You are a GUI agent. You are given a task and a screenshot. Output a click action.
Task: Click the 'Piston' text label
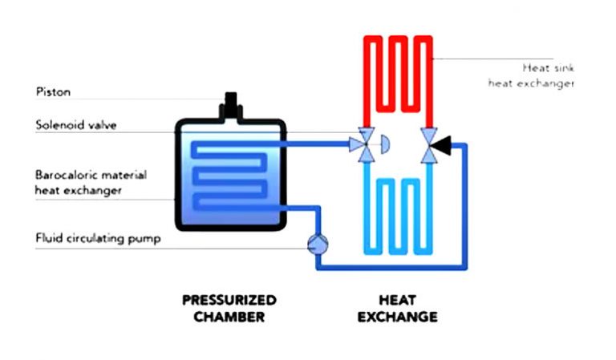(x=53, y=92)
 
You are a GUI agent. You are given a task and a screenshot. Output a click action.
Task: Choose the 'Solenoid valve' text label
(x=73, y=125)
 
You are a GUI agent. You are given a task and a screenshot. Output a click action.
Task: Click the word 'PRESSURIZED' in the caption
(x=229, y=300)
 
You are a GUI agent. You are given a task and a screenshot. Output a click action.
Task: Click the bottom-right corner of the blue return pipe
(x=467, y=267)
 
